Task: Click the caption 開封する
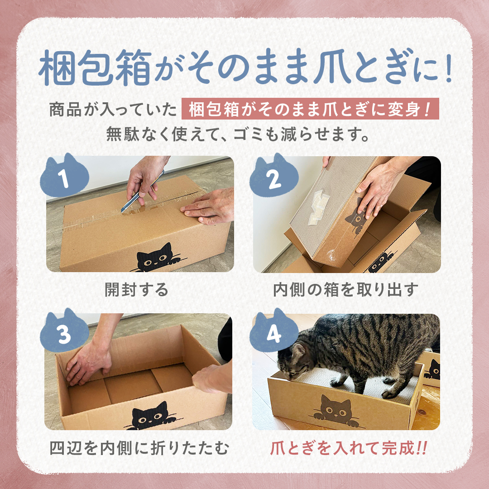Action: click(x=136, y=290)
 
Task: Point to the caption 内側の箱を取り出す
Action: click(x=345, y=290)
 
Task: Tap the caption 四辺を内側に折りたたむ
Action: click(x=139, y=448)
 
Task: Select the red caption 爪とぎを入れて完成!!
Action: click(x=348, y=448)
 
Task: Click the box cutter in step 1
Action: click(x=142, y=192)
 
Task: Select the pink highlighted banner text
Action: click(x=310, y=109)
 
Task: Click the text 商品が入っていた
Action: click(x=113, y=110)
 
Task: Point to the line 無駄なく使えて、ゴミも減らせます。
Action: click(x=238, y=134)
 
